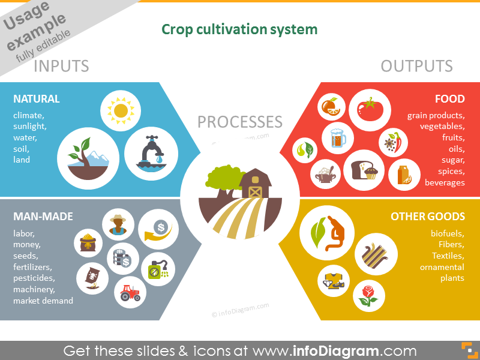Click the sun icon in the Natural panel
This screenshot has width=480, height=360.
point(121,110)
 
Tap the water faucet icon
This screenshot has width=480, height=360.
point(151,152)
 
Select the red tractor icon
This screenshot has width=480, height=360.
point(130,293)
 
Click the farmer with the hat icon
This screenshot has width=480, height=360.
point(118,224)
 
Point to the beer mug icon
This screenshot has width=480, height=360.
point(338,138)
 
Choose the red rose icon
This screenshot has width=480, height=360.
point(368,296)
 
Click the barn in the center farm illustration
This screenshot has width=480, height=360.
point(255,183)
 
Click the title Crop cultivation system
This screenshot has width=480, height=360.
point(239,29)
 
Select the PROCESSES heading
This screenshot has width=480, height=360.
point(239,122)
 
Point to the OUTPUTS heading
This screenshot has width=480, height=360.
point(416,66)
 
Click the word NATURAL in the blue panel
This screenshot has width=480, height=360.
point(37,99)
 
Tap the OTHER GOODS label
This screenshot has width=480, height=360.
point(428,217)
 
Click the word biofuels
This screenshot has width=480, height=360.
point(447,233)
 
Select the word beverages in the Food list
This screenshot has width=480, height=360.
point(445,183)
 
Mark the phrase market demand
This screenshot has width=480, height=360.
point(43,301)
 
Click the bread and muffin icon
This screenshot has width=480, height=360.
point(364,170)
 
